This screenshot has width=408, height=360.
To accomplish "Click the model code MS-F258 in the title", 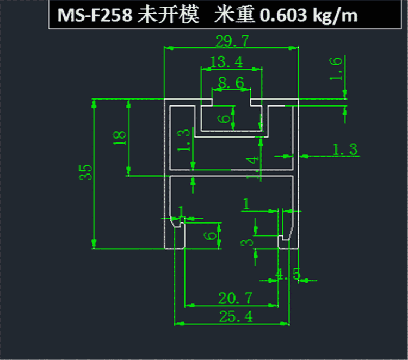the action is coord(95,15).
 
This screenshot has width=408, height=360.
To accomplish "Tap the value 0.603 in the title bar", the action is coord(283,15).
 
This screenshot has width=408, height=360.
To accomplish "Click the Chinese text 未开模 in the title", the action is coord(168,15).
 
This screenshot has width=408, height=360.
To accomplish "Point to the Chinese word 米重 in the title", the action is coord(234,15).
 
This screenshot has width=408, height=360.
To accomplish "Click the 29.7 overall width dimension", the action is coord(232,41).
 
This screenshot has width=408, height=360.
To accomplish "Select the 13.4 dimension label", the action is coord(226,62).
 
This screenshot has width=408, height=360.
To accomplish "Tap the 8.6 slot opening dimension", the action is coord(231,83).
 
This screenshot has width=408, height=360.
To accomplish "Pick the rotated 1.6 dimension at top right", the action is coord(336,69).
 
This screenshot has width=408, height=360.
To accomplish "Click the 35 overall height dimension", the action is coord(85,172).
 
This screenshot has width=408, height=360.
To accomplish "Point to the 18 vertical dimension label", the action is coord(120,138).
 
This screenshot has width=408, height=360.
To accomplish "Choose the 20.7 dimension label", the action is coord(235,298).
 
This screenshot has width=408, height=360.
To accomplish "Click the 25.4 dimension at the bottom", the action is coord(236,316).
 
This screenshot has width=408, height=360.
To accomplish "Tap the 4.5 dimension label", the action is coord(288,274).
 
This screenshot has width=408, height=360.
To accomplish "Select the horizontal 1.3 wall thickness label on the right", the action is coord(345,150).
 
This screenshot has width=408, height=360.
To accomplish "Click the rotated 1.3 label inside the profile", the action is coord(183,140).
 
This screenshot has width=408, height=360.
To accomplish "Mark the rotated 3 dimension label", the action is coord(246,243).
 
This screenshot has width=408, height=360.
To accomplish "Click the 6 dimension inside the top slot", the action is coord(224,119).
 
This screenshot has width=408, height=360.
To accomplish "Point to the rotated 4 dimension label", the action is coord(252,160).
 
